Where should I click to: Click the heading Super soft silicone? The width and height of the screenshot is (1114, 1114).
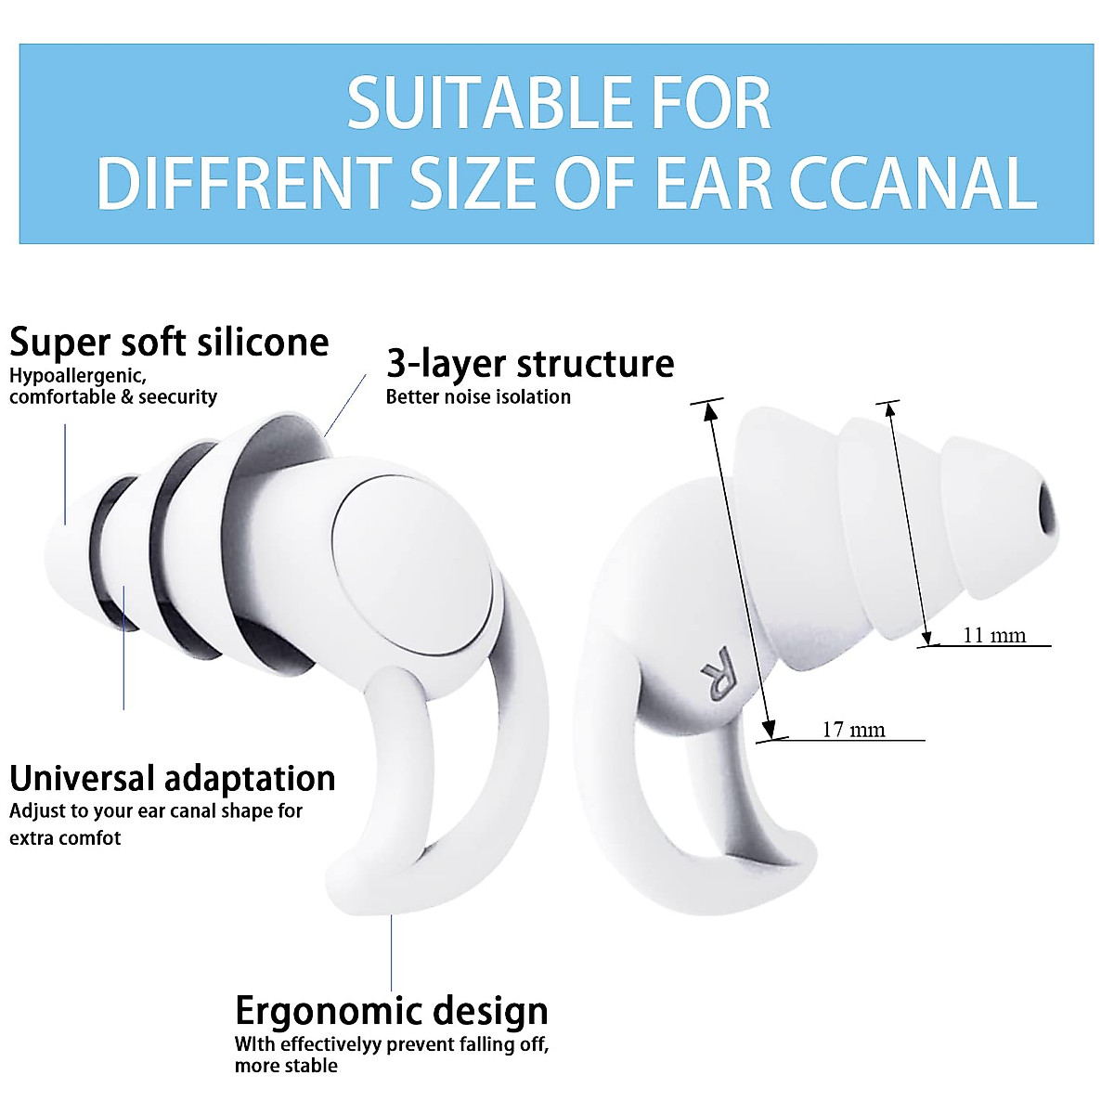[x=169, y=343]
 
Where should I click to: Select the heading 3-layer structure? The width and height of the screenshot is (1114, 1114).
[x=530, y=363]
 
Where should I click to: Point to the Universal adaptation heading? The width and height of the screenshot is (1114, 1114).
[x=173, y=778]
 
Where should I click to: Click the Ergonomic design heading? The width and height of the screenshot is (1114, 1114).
[x=391, y=1011]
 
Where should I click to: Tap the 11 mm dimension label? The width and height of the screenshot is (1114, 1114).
[x=994, y=636]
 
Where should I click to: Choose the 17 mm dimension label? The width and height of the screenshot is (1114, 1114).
[x=853, y=731]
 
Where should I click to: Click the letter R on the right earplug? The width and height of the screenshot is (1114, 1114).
[x=718, y=673]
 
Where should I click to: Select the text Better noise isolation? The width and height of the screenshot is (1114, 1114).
[x=478, y=397]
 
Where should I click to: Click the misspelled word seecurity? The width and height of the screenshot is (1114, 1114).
[x=177, y=397]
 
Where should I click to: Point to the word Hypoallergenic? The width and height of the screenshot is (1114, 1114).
[x=77, y=377]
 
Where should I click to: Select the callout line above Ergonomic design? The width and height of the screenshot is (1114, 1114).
[x=391, y=952]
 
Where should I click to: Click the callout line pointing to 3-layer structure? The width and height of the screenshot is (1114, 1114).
[x=345, y=406]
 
